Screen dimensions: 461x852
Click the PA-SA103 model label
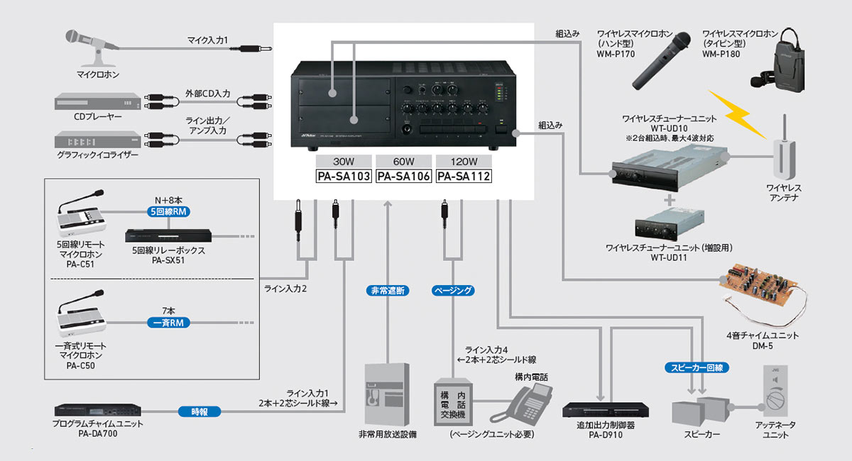tap(344, 177)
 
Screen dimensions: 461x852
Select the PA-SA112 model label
tap(464, 177)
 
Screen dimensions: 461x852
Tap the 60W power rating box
tap(403, 161)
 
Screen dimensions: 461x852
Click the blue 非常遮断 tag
tap(388, 290)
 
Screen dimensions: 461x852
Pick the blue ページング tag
tap(452, 290)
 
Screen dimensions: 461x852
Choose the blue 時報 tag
tap(200, 411)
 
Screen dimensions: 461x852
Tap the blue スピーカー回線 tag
tap(697, 367)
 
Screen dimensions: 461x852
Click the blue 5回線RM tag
tap(168, 212)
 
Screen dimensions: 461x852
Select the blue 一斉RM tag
tap(168, 323)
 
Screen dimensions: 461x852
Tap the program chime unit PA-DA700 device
tap(97, 411)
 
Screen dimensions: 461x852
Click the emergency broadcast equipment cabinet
tap(387, 394)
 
